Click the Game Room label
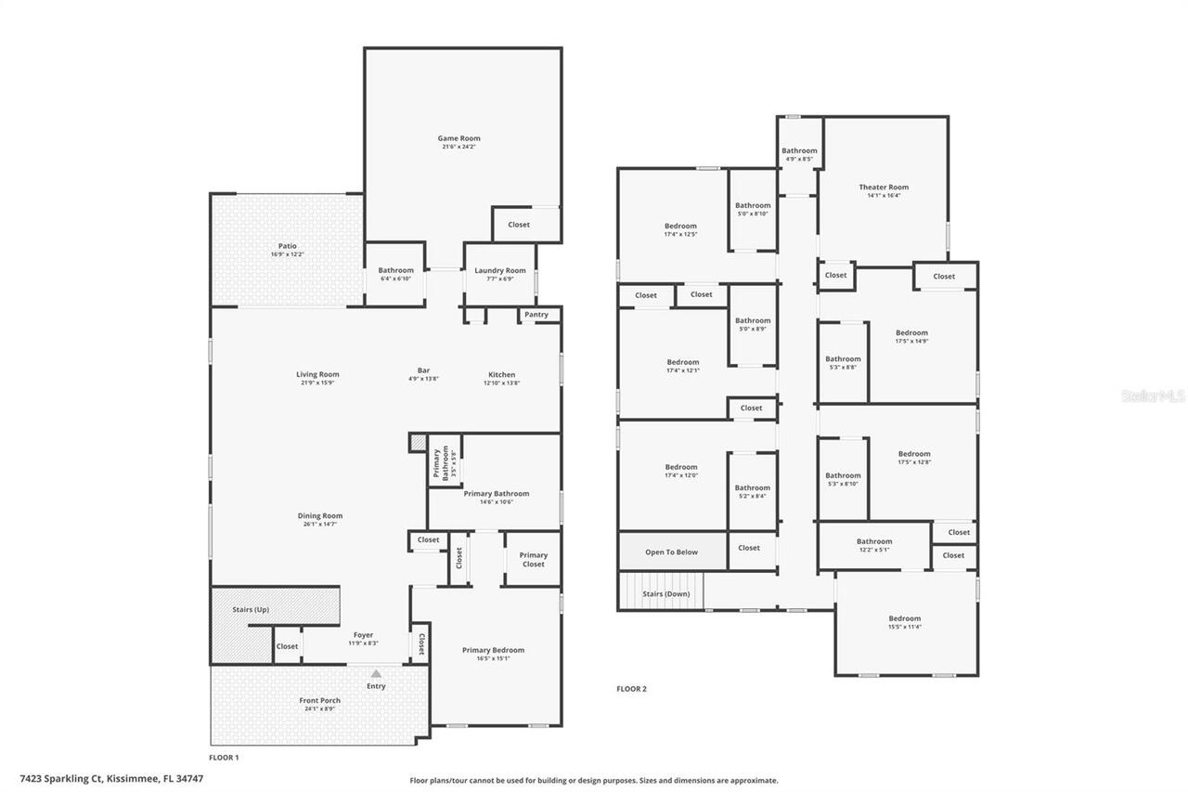click(x=458, y=138)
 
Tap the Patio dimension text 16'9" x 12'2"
click(x=287, y=254)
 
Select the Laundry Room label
click(x=500, y=270)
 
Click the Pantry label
click(x=536, y=315)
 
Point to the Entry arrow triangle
click(x=376, y=674)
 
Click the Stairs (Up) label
click(x=250, y=609)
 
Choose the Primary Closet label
click(x=533, y=560)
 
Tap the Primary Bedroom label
click(x=493, y=650)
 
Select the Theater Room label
click(x=884, y=187)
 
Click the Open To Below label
click(x=671, y=552)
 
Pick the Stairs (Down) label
click(x=666, y=593)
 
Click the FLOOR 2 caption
click(x=631, y=689)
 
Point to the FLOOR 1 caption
click(x=224, y=758)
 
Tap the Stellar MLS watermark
click(x=1153, y=396)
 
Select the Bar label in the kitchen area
click(x=423, y=370)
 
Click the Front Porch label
click(x=319, y=700)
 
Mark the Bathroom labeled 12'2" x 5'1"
click(x=873, y=541)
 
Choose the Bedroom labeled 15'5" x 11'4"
click(x=904, y=618)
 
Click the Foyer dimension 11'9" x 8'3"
click(x=363, y=643)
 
